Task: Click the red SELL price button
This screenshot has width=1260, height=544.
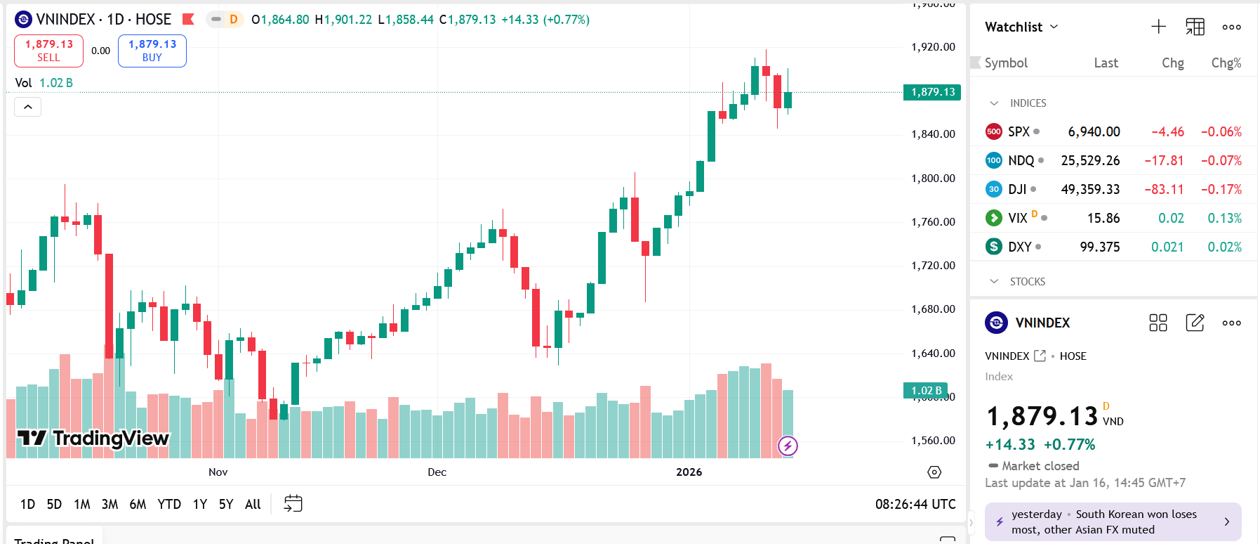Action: (x=48, y=51)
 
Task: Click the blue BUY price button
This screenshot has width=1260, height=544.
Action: (x=152, y=51)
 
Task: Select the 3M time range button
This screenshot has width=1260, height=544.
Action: (x=110, y=504)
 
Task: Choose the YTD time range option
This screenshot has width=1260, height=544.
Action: (x=169, y=504)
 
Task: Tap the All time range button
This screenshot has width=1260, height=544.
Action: (x=253, y=504)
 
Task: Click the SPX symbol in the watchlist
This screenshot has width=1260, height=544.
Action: (x=1019, y=131)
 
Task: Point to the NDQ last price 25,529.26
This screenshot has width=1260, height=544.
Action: (x=1090, y=160)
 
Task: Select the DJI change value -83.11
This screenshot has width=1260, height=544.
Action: (x=1164, y=189)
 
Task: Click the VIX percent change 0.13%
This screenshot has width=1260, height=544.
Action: (x=1224, y=218)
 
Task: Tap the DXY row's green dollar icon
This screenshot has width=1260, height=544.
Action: (x=993, y=247)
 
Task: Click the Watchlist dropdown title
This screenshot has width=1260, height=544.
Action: (x=1021, y=27)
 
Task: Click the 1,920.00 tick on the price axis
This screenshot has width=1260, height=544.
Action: (x=933, y=47)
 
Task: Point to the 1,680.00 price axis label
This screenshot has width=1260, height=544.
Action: (x=933, y=309)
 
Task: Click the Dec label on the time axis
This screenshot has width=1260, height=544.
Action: (x=437, y=472)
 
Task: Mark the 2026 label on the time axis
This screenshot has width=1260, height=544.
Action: (x=689, y=472)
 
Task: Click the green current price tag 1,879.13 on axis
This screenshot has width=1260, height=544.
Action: (x=932, y=92)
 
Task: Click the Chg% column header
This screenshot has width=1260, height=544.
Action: (x=1226, y=63)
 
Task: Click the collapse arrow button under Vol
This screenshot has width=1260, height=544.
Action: (x=28, y=107)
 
